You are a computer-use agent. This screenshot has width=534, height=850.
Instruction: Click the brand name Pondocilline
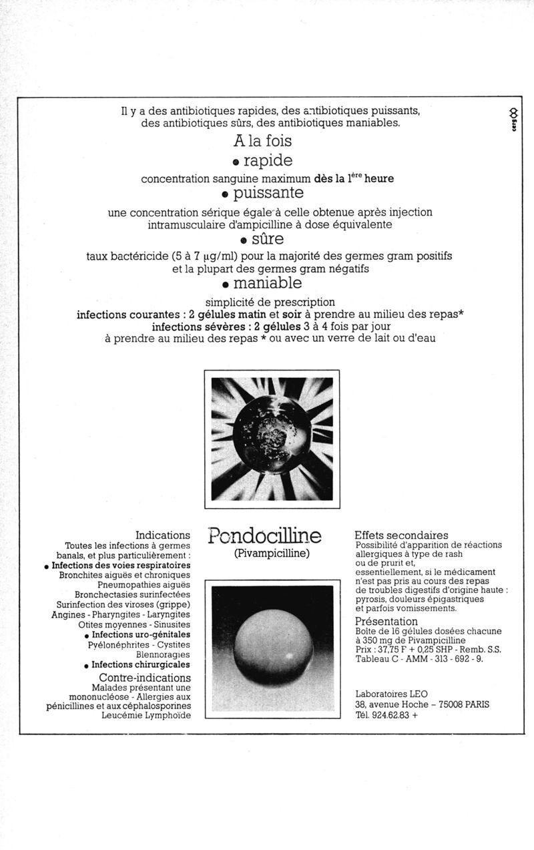pos(264,536)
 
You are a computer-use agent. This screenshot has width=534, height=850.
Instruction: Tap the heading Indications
pos(163,535)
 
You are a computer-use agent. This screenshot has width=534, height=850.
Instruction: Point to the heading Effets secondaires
pos(401,535)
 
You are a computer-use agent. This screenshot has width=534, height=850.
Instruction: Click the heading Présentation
pos(386,621)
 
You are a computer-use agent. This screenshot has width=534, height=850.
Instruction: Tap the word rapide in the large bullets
pos(268,161)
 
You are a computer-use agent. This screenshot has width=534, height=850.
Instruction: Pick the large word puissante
pos(268,193)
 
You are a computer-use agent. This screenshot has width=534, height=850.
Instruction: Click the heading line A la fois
pos(262,142)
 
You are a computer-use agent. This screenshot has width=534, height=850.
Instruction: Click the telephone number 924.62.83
pos(389,714)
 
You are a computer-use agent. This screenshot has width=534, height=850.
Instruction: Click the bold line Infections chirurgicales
pos(140,664)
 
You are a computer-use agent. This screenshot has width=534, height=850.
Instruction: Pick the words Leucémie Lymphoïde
pos(146,715)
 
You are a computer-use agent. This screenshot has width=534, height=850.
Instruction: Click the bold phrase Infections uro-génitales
pos(141,634)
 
